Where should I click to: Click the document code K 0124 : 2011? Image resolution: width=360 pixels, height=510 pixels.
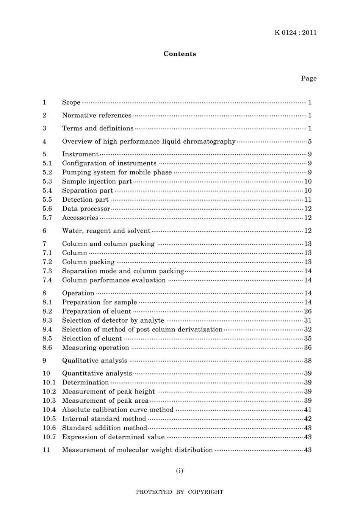(x=295, y=33)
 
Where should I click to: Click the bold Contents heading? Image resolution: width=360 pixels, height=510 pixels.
(x=180, y=54)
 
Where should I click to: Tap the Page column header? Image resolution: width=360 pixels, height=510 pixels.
(x=308, y=78)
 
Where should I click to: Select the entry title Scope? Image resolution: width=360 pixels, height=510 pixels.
(x=71, y=102)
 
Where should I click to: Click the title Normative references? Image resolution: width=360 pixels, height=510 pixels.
(x=97, y=115)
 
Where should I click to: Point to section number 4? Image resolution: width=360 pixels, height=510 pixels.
(x=45, y=141)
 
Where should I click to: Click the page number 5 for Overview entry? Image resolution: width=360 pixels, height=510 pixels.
(x=310, y=141)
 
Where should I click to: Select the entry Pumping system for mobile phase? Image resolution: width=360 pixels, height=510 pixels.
(x=117, y=173)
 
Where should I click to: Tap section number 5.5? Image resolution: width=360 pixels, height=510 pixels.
(x=47, y=200)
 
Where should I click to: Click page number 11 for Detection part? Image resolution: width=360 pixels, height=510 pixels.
(x=308, y=200)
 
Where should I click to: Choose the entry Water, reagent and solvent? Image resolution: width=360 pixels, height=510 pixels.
(x=106, y=231)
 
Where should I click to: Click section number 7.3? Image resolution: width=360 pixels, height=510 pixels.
(x=47, y=271)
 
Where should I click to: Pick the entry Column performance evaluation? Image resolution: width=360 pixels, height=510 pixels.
(x=114, y=280)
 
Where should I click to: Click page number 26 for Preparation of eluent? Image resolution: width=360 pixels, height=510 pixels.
(x=308, y=311)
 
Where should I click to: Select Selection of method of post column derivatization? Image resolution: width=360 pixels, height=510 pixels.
(x=142, y=330)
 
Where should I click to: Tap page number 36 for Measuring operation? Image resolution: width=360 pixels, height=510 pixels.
(x=308, y=348)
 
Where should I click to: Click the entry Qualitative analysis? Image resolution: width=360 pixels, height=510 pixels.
(x=95, y=361)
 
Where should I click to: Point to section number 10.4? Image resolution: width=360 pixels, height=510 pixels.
(x=49, y=410)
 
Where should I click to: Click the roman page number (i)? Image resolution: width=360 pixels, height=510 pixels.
(x=180, y=471)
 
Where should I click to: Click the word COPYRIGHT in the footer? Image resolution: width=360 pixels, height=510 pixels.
(x=205, y=492)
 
